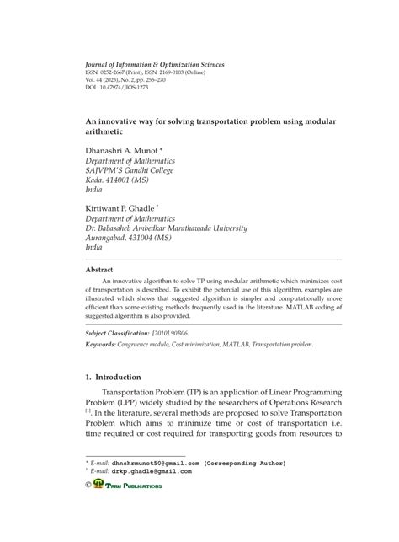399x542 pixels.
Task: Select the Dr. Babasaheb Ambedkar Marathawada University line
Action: point(167,227)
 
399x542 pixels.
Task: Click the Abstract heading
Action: point(99,270)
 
